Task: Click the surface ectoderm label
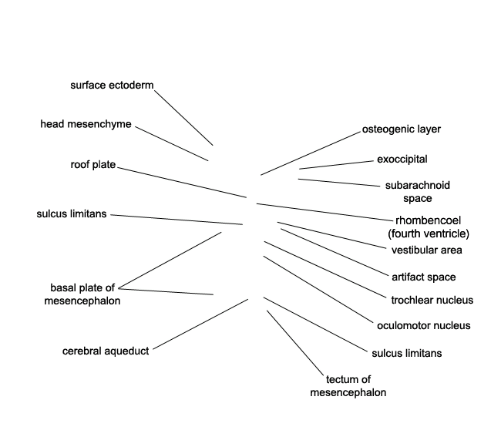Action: (x=112, y=86)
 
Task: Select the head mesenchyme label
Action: (x=86, y=124)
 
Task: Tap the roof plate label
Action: (x=93, y=165)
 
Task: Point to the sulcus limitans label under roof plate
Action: (x=72, y=213)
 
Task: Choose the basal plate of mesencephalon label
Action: (x=82, y=294)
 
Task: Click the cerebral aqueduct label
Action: (x=106, y=351)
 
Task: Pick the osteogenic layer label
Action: (x=402, y=129)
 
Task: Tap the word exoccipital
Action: (x=402, y=159)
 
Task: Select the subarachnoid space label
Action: (x=417, y=192)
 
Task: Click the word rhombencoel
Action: (x=428, y=220)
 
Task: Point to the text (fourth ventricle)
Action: (x=429, y=234)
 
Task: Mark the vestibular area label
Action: (x=426, y=250)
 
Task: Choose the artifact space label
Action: (x=424, y=277)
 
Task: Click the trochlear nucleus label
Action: (x=432, y=301)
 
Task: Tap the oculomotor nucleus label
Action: (x=424, y=325)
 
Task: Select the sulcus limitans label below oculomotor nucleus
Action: (x=407, y=354)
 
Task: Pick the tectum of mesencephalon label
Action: (x=348, y=386)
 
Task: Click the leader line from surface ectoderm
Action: (x=183, y=118)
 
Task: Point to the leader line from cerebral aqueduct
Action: (x=200, y=324)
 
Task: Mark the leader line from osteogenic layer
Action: (x=311, y=153)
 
